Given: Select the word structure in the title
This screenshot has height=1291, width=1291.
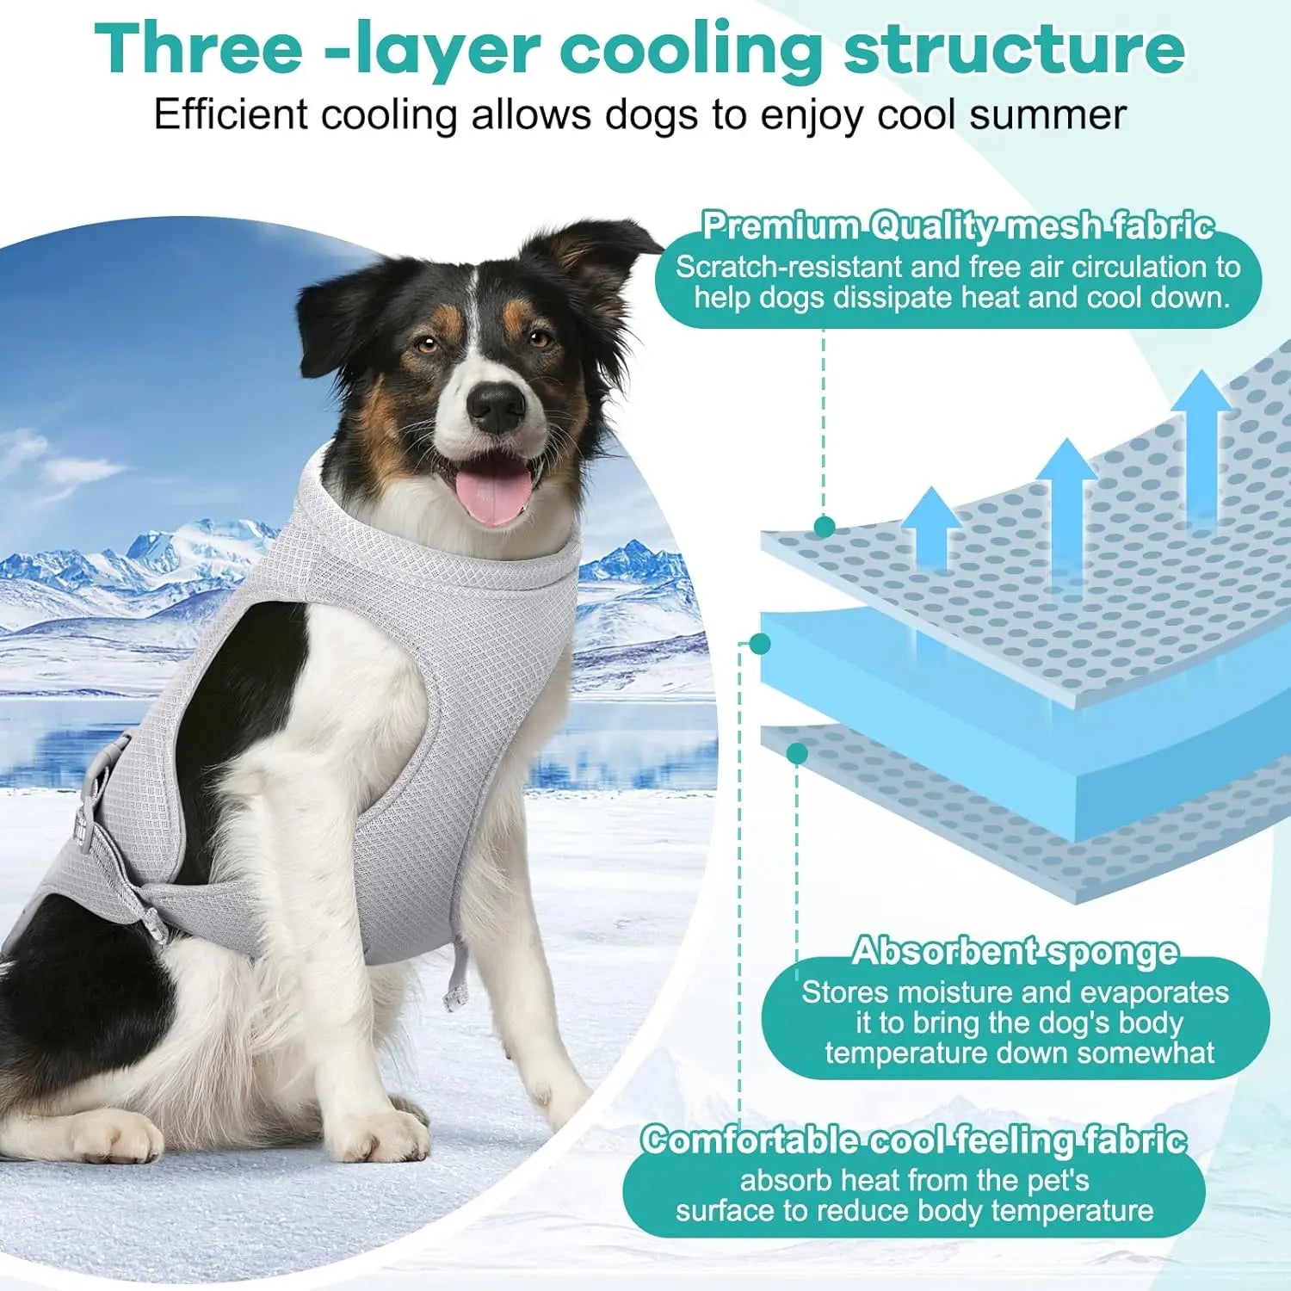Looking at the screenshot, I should [1014, 49].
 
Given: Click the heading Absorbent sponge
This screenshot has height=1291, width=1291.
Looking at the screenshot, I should [1015, 951].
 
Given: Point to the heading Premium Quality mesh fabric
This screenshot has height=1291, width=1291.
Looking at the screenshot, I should [957, 225].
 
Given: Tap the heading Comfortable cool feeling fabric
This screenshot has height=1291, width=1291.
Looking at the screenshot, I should [913, 1140].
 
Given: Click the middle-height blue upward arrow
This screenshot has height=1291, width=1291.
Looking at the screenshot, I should [1066, 499].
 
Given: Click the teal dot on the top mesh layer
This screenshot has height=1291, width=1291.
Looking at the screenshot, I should [824, 527].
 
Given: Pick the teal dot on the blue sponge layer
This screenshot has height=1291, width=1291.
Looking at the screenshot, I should [760, 644].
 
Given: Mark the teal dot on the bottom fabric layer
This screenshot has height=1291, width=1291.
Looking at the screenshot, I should [797, 754].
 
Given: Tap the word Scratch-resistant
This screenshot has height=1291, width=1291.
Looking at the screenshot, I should [788, 267].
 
